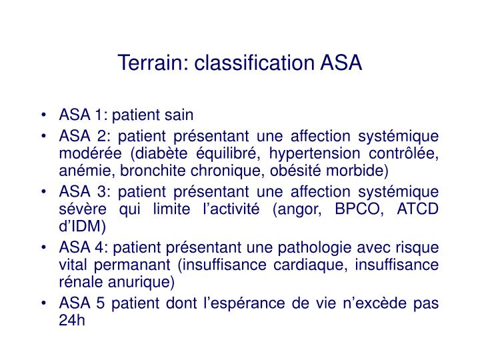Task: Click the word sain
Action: (x=179, y=115)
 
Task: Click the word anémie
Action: (x=79, y=171)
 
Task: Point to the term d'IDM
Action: (x=82, y=226)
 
